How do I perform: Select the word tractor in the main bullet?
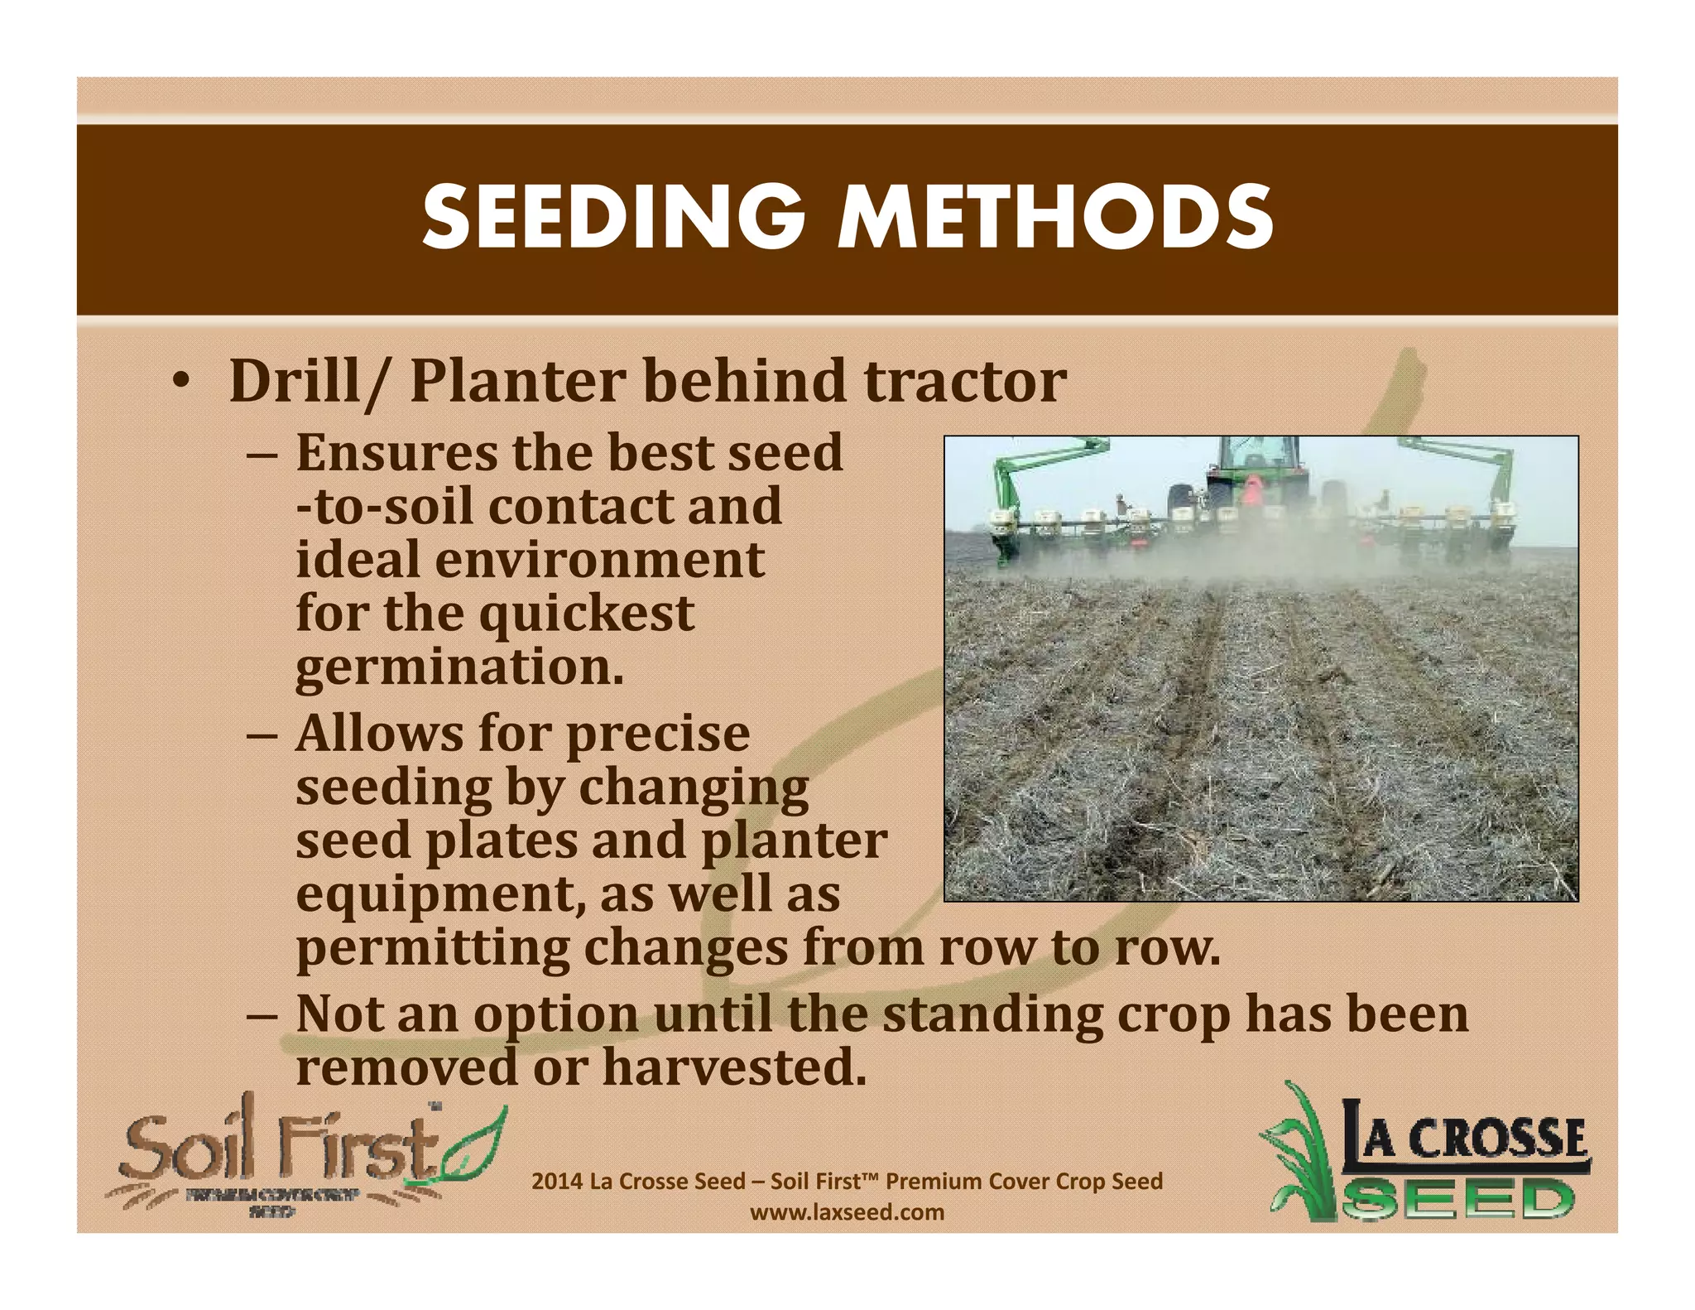965,383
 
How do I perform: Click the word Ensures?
397,454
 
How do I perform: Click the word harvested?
734,1068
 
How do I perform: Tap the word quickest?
587,614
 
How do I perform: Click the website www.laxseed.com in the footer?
847,1213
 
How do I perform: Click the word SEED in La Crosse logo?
1457,1198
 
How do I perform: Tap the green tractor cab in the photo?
1256,460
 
